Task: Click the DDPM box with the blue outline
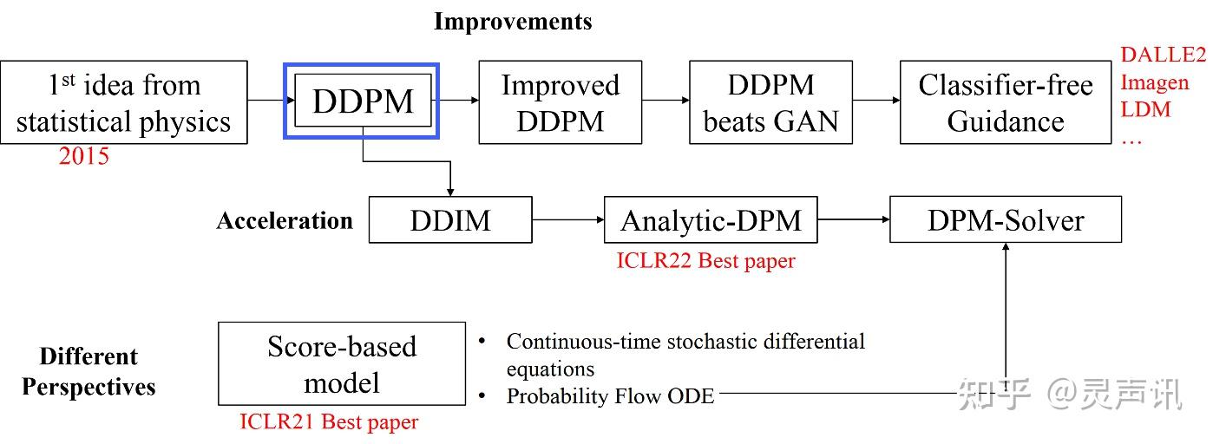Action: (x=363, y=101)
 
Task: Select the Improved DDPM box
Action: (x=561, y=101)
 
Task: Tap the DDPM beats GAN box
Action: (x=771, y=101)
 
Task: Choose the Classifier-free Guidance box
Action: (x=1006, y=101)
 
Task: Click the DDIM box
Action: (x=450, y=220)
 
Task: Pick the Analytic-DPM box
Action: (x=711, y=220)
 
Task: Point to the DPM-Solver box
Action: (x=1006, y=220)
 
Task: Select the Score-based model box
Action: (x=342, y=363)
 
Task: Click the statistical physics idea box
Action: (x=124, y=101)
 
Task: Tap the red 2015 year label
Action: (x=84, y=156)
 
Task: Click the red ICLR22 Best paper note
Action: (x=705, y=260)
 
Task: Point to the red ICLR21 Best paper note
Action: (x=329, y=422)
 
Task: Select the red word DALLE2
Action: (x=1163, y=55)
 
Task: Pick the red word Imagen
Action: (x=1155, y=82)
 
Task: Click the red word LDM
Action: (x=1145, y=109)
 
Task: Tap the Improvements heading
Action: (x=513, y=22)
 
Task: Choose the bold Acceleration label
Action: (x=285, y=220)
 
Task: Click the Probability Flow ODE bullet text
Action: (x=610, y=396)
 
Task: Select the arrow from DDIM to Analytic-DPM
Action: (x=568, y=220)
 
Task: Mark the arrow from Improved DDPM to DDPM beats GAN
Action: (x=666, y=101)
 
